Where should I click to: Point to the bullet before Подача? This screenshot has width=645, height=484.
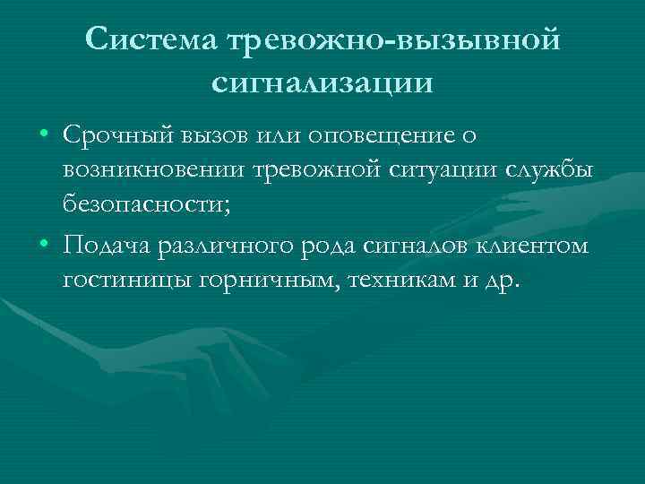(x=44, y=246)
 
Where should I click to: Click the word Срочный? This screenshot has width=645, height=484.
(x=117, y=135)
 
